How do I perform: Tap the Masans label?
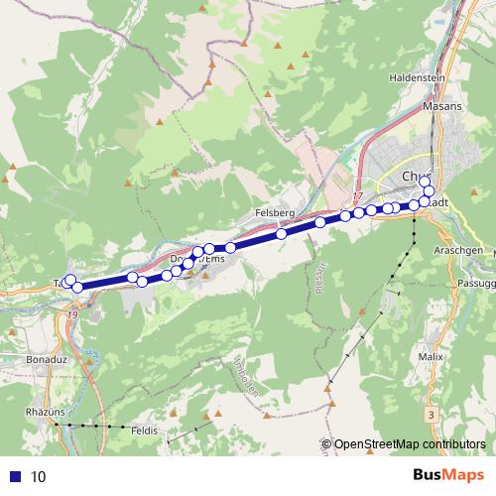coord(441,103)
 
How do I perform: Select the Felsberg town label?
coord(274,212)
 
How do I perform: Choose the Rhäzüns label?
coord(46,409)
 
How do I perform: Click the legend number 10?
coord(39,476)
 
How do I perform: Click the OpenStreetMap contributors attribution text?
coord(409,444)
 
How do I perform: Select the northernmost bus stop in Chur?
coord(424,182)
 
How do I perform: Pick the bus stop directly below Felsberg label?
coord(282,234)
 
